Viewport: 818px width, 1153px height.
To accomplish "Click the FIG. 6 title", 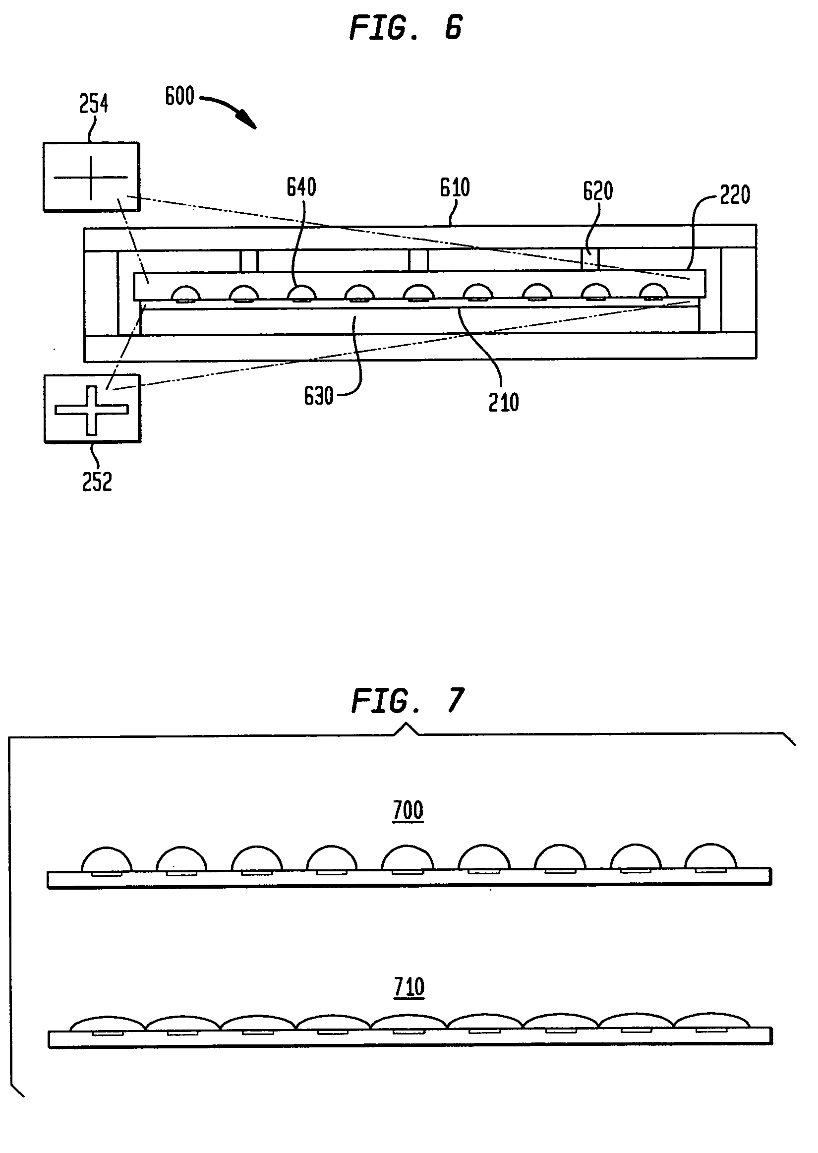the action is point(406,28).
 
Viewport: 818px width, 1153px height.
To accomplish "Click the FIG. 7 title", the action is point(407,701).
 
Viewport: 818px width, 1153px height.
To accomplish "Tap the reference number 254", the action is point(94,104).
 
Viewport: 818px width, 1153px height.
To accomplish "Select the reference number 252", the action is point(97,482).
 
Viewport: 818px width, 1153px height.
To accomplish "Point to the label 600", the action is point(180,96).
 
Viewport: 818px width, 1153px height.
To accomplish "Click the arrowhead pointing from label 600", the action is point(248,121).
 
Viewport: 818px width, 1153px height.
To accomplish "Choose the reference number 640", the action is point(301,187).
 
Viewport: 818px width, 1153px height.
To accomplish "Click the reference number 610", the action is point(455,188).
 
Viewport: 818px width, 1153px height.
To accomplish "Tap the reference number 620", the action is point(598,191).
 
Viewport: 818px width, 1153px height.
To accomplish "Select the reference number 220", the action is point(735,195).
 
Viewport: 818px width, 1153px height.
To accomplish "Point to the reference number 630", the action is point(318,396).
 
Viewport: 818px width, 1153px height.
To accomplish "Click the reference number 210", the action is point(504,403).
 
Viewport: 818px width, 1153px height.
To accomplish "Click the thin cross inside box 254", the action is point(91,178).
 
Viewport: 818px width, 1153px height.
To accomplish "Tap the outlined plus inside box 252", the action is point(91,410).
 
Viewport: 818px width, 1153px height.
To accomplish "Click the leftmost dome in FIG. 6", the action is point(186,294).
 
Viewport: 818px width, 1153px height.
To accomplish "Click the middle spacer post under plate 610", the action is point(418,260).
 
